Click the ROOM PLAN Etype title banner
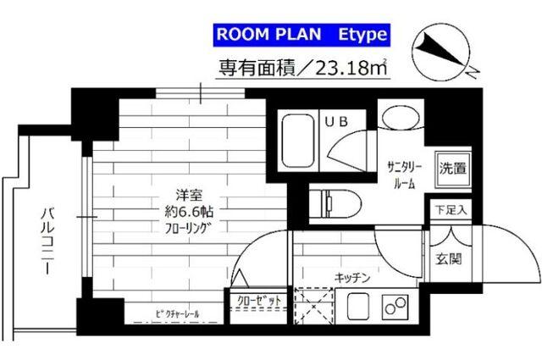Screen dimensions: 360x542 [301, 35]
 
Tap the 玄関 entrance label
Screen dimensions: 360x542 [448, 259]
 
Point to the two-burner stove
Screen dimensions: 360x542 [395, 305]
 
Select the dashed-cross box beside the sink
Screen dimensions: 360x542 [314, 306]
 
